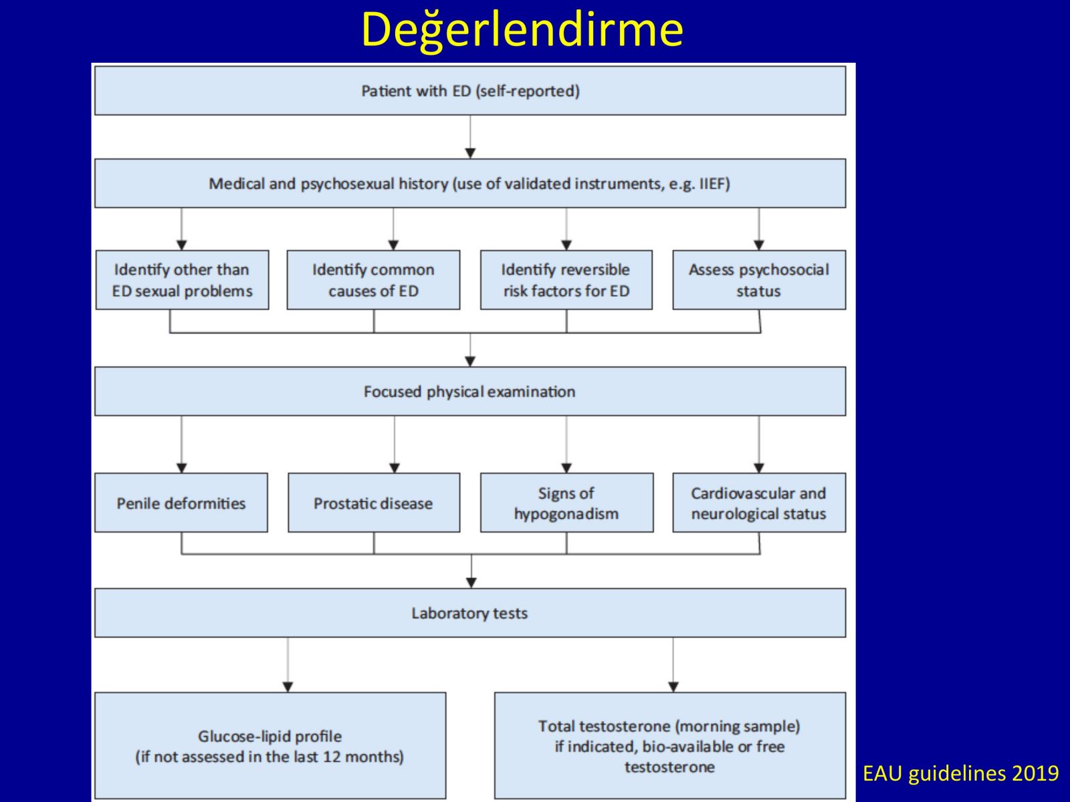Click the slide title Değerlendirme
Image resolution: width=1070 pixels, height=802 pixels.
(522, 30)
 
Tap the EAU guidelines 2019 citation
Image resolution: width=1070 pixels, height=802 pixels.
(961, 773)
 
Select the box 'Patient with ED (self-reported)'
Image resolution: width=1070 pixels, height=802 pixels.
(470, 91)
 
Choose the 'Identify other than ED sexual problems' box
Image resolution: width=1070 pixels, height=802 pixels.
(182, 280)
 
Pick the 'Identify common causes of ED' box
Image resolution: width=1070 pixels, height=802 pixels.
(373, 280)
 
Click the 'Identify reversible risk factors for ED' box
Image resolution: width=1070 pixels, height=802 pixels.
(566, 280)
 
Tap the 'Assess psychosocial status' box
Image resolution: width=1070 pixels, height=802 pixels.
(759, 280)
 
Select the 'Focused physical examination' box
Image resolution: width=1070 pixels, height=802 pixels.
(470, 392)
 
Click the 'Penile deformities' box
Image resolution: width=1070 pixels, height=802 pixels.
(181, 503)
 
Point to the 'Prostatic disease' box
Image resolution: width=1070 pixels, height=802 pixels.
(374, 503)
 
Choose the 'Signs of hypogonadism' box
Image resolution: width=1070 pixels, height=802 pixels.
(567, 503)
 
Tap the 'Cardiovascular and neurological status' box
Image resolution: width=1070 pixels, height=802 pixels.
(759, 503)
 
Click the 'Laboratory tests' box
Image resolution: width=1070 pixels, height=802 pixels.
(470, 613)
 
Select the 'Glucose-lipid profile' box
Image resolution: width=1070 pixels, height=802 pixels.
(270, 745)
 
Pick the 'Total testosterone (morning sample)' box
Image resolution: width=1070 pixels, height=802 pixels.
(670, 745)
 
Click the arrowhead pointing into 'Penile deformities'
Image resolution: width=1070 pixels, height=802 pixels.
(182, 468)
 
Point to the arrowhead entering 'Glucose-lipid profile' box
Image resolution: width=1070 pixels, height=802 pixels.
(288, 687)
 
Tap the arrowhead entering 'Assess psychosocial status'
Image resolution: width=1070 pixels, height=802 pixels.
(759, 245)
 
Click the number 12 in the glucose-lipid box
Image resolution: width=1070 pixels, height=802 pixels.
(332, 757)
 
